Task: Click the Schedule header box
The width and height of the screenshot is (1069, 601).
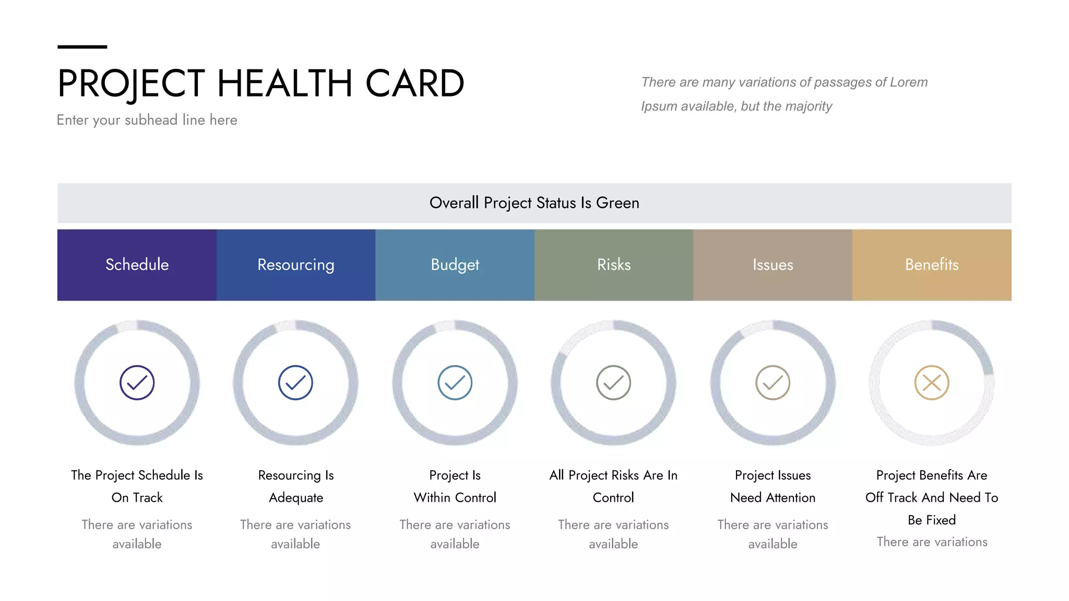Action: (137, 265)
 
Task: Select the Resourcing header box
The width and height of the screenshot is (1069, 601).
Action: (295, 265)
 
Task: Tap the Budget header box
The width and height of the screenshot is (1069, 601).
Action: (455, 265)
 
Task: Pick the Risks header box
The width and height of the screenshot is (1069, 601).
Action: (614, 265)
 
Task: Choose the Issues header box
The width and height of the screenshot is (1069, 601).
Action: (773, 265)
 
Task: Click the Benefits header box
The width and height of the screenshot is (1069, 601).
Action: (932, 265)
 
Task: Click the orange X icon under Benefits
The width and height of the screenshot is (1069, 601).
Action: (932, 383)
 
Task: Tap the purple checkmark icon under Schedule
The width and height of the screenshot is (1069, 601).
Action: (137, 383)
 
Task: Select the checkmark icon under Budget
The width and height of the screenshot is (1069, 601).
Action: (455, 383)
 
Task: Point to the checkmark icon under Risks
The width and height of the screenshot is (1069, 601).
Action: (613, 383)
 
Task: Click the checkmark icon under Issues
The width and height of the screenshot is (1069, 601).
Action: (773, 383)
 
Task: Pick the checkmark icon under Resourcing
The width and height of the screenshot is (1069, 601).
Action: (295, 383)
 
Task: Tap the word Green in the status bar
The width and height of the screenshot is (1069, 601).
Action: (617, 203)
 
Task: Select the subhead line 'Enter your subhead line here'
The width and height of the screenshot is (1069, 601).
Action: (147, 120)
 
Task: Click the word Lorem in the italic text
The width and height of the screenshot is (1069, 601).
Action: (908, 82)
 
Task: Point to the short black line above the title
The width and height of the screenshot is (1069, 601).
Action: (82, 47)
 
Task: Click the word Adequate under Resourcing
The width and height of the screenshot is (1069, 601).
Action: (295, 498)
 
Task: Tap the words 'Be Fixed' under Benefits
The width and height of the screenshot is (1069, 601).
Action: (932, 520)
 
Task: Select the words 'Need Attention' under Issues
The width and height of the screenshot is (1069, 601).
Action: (773, 498)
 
